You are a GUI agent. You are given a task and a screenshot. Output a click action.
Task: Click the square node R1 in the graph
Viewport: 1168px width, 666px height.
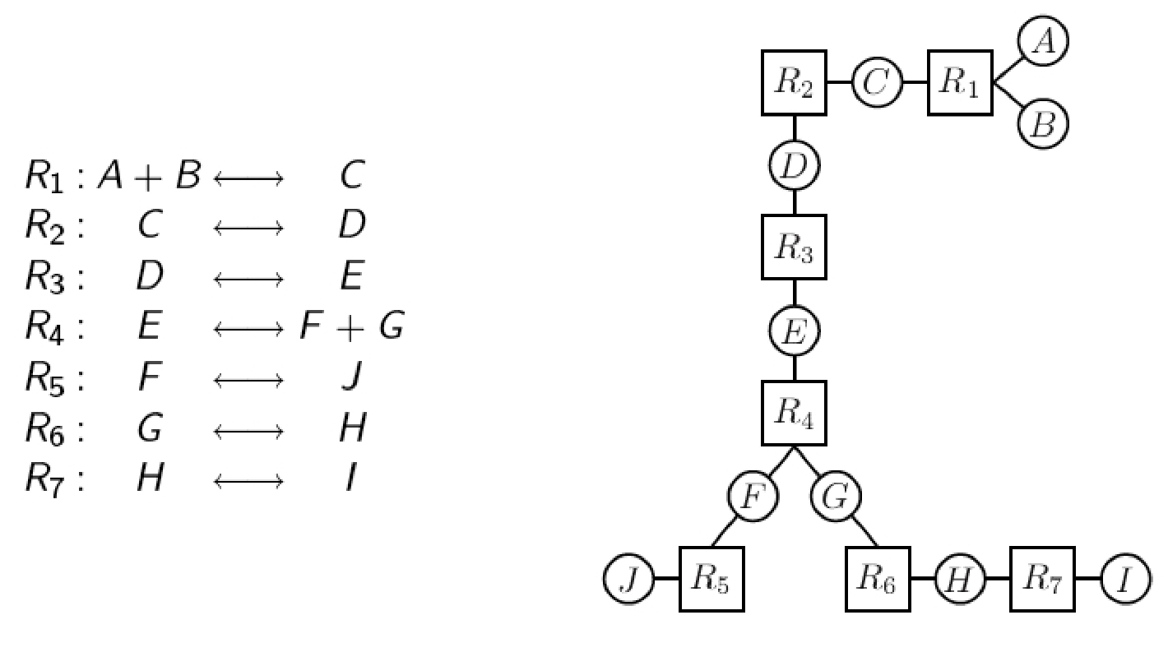pyautogui.click(x=961, y=83)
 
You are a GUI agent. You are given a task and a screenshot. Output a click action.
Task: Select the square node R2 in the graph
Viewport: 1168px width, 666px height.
pyautogui.click(x=794, y=83)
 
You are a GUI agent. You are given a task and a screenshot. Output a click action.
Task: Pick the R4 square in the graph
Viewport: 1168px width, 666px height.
pyautogui.click(x=794, y=414)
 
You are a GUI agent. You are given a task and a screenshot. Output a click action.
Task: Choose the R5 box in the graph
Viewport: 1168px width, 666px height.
pyautogui.click(x=711, y=579)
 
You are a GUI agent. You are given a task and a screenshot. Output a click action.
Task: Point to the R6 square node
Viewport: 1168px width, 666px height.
pyautogui.click(x=878, y=579)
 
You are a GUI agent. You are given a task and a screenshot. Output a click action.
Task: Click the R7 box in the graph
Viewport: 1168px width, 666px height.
pyautogui.click(x=1043, y=579)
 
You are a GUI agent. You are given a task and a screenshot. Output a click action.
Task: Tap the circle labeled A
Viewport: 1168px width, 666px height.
pyautogui.click(x=1044, y=41)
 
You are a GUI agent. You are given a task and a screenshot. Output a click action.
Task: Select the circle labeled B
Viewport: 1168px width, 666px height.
pyautogui.click(x=1044, y=125)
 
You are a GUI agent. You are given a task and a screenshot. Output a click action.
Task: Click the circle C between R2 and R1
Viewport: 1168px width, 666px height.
pyautogui.click(x=877, y=83)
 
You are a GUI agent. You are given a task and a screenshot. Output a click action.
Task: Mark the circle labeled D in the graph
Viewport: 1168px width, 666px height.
pyautogui.click(x=794, y=166)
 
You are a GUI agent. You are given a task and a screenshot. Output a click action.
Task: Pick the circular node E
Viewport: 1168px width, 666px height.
pyautogui.click(x=794, y=331)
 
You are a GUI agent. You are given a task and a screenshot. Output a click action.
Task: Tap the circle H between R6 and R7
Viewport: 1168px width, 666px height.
pyautogui.click(x=960, y=579)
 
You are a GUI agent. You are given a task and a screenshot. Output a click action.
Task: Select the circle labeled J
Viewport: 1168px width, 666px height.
pyautogui.click(x=628, y=579)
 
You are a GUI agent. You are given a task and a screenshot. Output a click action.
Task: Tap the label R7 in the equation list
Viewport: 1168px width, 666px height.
pyautogui.click(x=52, y=479)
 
